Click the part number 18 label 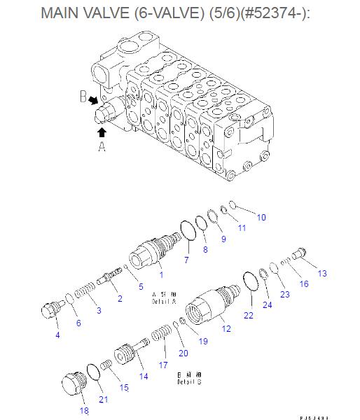point(84,410)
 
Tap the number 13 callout point(322,273)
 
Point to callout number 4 point(57,335)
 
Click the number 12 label point(226,328)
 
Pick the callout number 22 point(248,316)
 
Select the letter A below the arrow point(102,146)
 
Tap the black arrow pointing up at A point(102,130)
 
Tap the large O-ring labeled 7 point(188,230)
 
